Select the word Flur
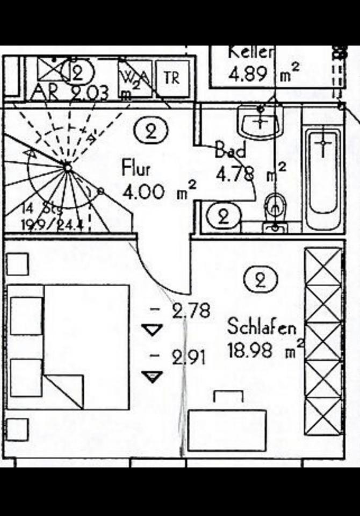136,168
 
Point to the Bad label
231,149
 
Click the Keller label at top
251,52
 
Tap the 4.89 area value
248,74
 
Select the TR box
172,78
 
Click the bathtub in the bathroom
323,169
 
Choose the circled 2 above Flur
151,131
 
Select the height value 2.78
191,311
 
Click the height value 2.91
189,357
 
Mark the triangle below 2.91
154,377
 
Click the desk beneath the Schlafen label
227,430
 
